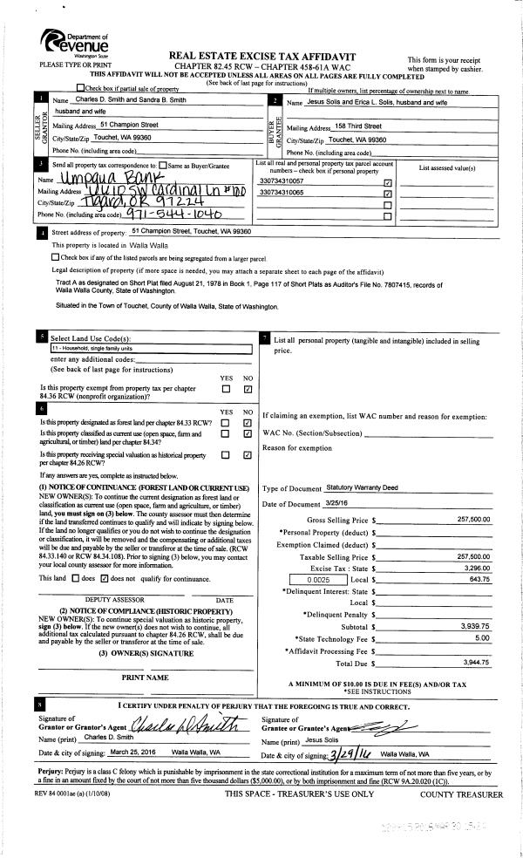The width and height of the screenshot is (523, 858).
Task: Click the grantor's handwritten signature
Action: pyautogui.click(x=182, y=723)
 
